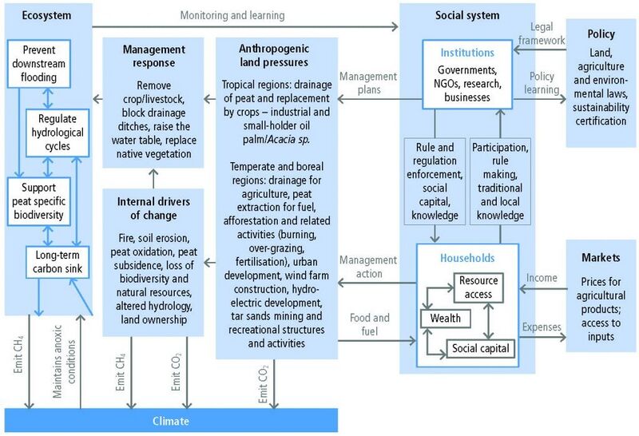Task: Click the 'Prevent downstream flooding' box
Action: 38,64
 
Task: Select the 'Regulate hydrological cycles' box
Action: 58,133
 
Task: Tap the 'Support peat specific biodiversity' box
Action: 38,201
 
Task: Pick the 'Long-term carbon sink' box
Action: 58,262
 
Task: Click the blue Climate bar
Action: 171,421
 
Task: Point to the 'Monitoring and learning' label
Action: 232,15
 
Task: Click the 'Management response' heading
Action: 153,56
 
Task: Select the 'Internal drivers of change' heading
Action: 153,208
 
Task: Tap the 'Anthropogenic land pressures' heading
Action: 274,55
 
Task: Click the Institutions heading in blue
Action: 467,53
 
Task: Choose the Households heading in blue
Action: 467,258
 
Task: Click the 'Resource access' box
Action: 478,287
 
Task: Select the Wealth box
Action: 445,319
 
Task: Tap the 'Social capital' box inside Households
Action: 481,348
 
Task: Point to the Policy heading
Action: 601,34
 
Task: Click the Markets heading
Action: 601,257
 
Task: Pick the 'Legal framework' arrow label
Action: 542,34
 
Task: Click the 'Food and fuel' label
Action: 369,324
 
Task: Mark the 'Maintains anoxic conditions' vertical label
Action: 64,362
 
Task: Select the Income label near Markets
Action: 542,278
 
